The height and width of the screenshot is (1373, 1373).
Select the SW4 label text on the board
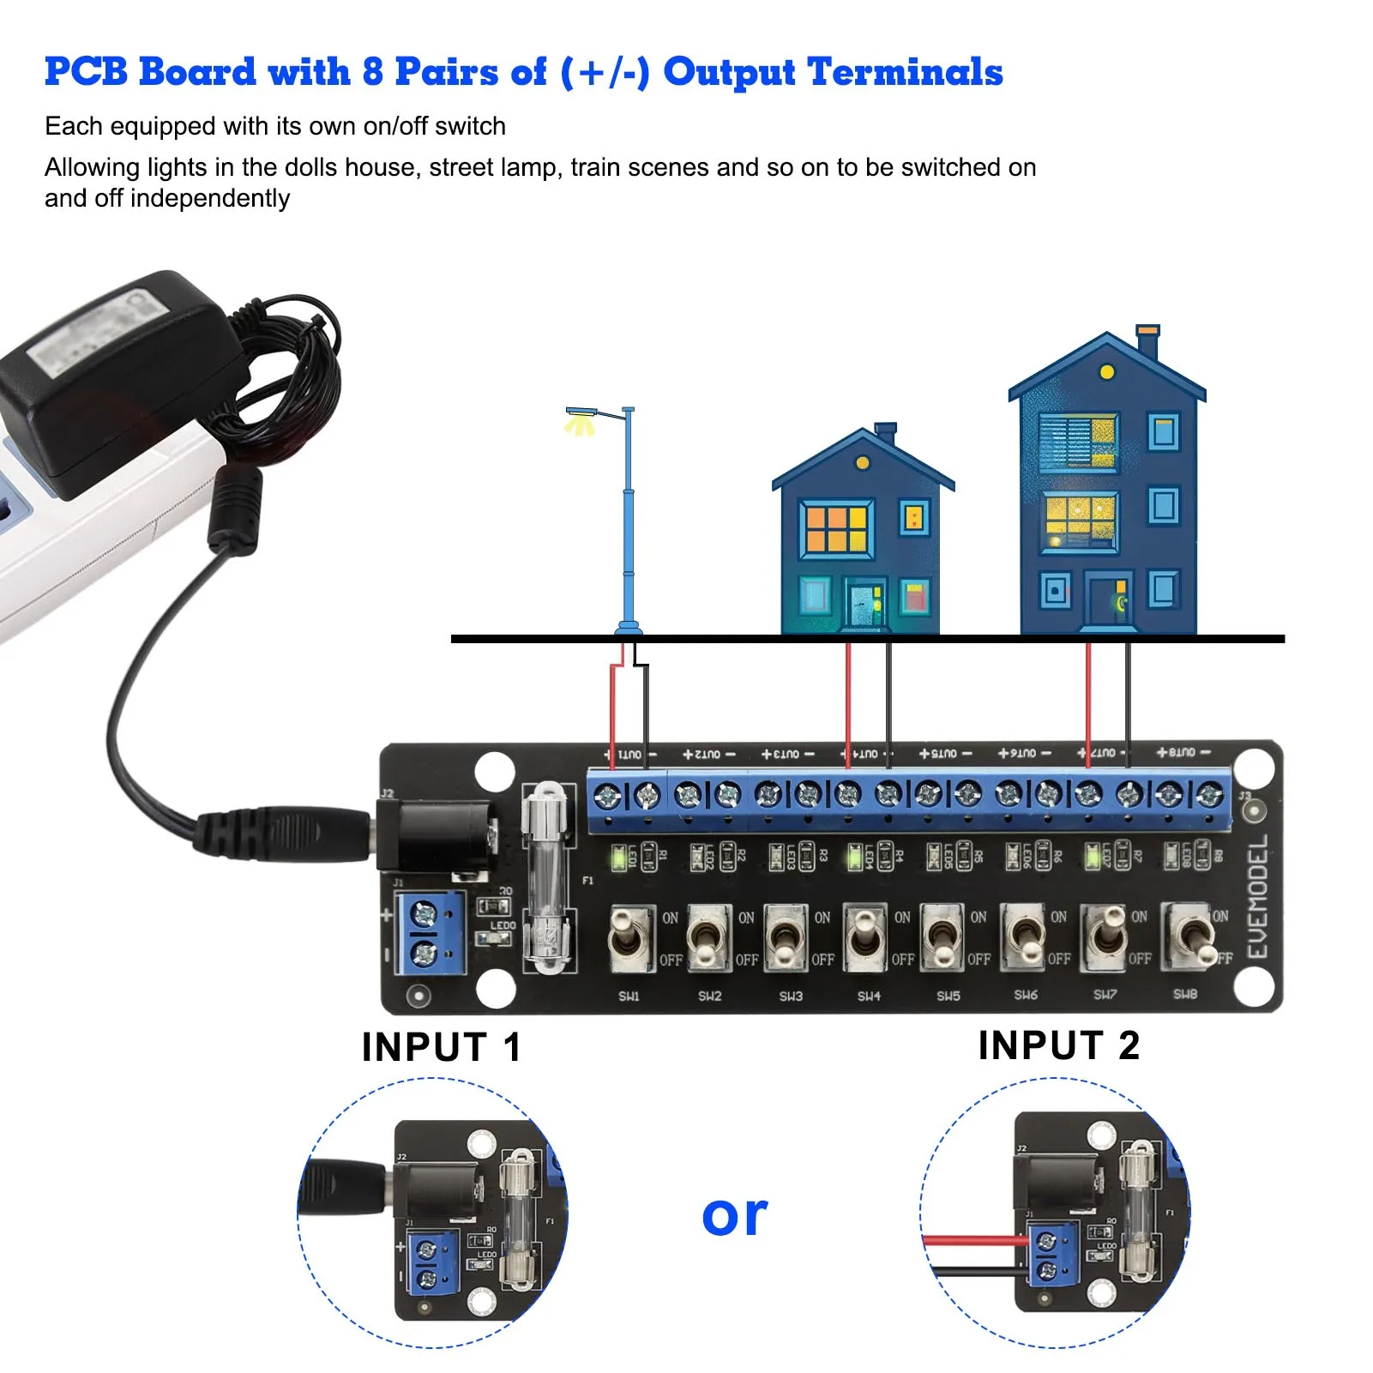(x=869, y=996)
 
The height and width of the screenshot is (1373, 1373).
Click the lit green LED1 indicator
(x=617, y=857)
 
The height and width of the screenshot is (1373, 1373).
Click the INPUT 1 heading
(x=441, y=1047)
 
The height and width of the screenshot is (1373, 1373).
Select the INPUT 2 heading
(x=1058, y=1045)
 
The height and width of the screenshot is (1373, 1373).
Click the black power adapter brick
(x=120, y=377)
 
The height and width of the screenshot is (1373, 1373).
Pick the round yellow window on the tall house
(x=1106, y=372)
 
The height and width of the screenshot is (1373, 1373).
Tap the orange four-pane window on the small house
(x=836, y=528)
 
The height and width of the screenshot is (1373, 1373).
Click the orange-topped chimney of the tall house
(x=1147, y=340)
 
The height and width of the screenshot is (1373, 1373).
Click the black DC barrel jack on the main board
(x=437, y=832)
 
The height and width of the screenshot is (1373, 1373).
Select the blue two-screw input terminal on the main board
(x=430, y=932)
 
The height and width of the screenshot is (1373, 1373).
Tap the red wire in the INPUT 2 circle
(x=973, y=1240)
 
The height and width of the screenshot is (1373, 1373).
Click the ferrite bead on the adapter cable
(x=235, y=511)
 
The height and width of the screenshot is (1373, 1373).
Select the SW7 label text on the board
(x=1105, y=995)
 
